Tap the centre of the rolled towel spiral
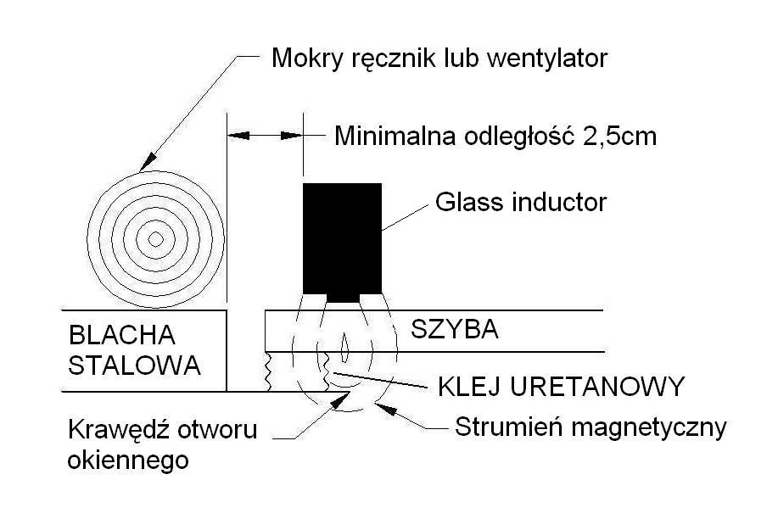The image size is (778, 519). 156,240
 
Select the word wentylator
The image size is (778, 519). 548,59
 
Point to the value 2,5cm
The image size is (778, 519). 619,137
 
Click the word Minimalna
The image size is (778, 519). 395,136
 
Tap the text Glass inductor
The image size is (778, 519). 521,202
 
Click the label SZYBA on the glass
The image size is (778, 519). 455,329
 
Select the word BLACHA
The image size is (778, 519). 122,335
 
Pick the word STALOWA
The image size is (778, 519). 134,366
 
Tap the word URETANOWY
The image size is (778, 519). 597,386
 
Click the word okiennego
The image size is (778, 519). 128,460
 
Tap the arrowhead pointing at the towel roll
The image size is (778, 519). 148,163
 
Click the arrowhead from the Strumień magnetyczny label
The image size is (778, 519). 385,409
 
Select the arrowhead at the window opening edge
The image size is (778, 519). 339,400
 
